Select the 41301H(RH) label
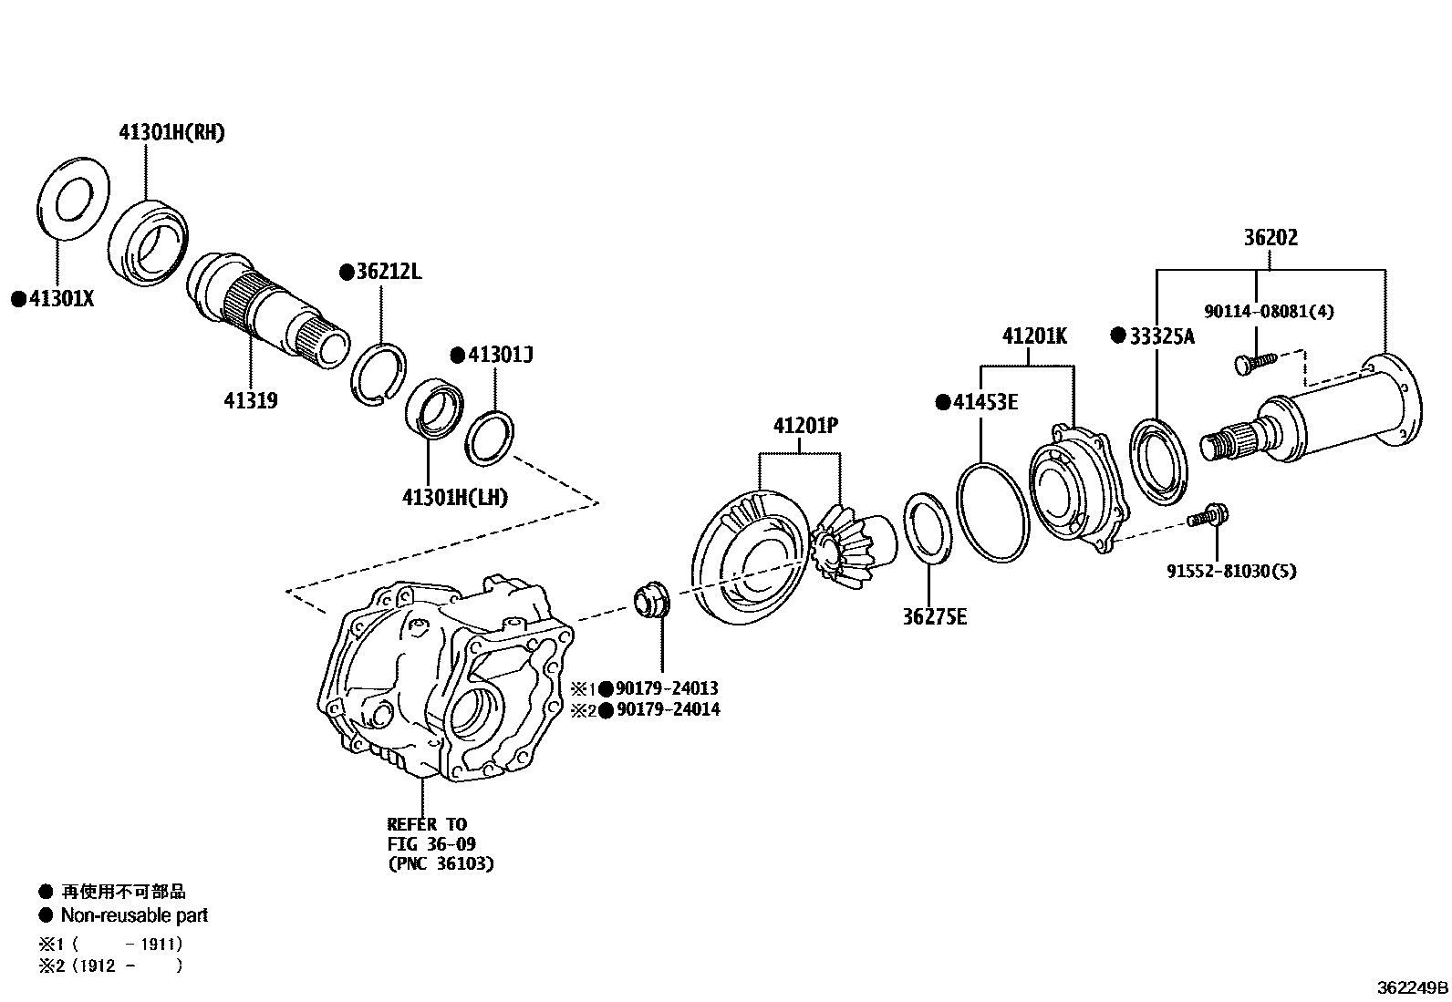click(171, 132)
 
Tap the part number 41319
click(250, 399)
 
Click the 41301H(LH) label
click(454, 497)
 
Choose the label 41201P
click(805, 425)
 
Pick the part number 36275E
click(935, 617)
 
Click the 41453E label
click(984, 401)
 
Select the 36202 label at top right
click(1270, 237)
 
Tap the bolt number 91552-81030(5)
click(1230, 572)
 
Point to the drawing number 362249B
click(1412, 987)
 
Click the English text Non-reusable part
click(134, 914)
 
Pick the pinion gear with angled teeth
click(844, 542)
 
